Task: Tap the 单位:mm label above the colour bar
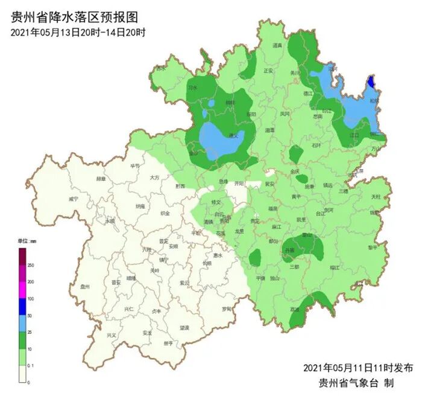coord(27,242)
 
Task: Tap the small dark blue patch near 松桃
coord(371,81)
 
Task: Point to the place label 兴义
coord(111,335)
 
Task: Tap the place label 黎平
coord(372,247)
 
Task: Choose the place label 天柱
coord(376,197)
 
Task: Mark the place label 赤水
coord(161,69)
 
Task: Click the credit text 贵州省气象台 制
coord(356,383)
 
